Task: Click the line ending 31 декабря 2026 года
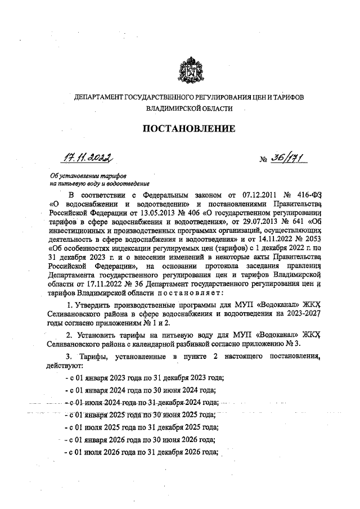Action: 142,453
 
